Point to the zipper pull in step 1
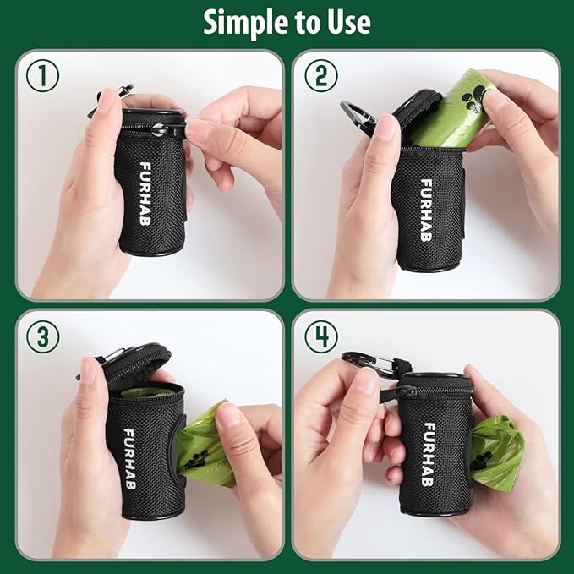point(175,129)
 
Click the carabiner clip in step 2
point(358,115)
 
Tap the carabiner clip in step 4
point(370,364)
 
